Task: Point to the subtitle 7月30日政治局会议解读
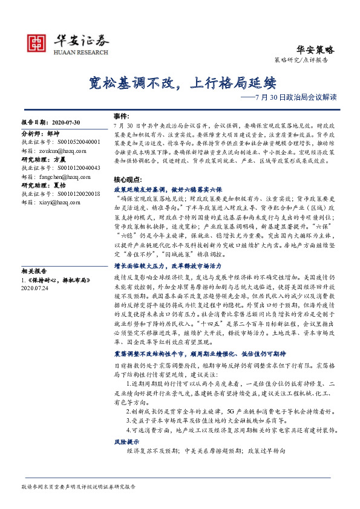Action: tap(296, 97)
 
